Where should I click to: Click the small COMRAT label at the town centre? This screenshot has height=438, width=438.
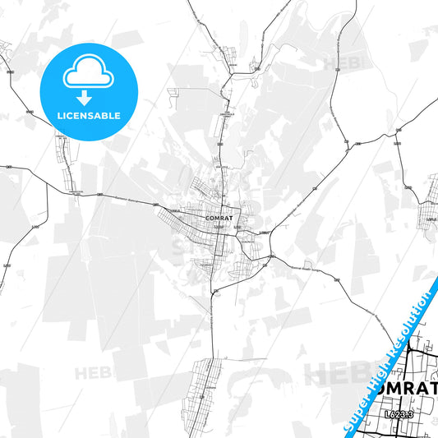(221, 218)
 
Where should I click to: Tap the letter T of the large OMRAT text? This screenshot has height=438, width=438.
(431, 387)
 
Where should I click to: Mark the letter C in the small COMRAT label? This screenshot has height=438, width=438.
(210, 218)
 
